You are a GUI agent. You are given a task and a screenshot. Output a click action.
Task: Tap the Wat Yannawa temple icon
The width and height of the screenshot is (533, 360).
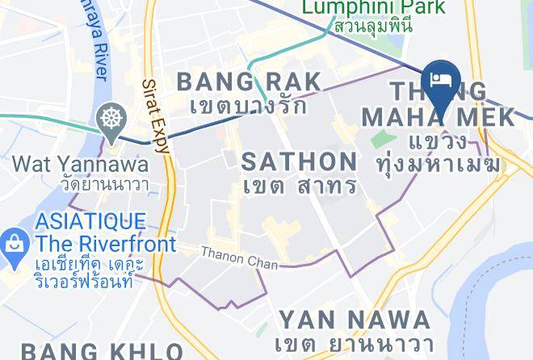[109, 119]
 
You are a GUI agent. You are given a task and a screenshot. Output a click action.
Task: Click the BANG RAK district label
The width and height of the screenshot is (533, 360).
[248, 81]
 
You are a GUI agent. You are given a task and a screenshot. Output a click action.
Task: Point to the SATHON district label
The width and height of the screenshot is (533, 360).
[300, 161]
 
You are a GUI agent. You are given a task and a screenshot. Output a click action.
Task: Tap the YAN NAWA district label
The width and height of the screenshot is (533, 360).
[354, 319]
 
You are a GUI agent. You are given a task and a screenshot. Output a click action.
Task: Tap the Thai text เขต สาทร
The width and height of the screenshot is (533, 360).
[300, 185]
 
